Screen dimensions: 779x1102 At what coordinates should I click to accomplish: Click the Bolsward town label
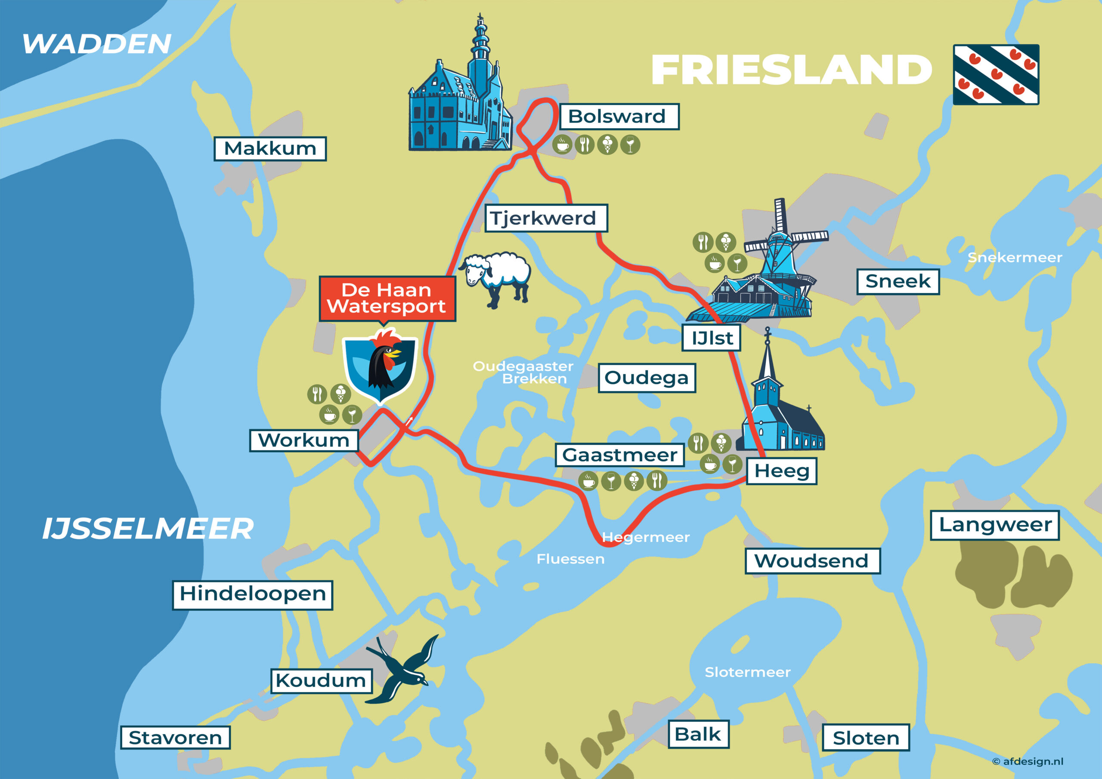[x=619, y=117]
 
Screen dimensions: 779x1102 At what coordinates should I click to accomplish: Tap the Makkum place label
[x=270, y=149]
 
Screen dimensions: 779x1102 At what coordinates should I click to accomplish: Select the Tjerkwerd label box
[x=546, y=218]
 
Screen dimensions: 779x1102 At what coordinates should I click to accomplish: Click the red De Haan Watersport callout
[x=387, y=299]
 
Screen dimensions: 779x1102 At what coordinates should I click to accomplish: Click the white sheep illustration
[x=497, y=278]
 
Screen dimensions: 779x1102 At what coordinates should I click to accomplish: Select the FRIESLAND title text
[x=791, y=70]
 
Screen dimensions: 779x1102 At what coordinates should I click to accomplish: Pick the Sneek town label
[x=898, y=282]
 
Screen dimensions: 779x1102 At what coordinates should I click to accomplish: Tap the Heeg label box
[x=781, y=471]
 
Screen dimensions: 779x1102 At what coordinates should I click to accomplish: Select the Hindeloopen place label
[x=252, y=595]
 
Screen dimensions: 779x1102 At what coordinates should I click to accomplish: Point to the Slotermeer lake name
[x=747, y=672]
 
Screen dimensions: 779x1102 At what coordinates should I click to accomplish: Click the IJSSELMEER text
[x=148, y=529]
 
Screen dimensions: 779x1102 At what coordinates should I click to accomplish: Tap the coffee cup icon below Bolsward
[x=562, y=145]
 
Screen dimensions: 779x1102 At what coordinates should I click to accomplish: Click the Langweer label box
[x=994, y=525]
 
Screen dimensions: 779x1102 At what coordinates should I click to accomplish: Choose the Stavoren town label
[x=175, y=738]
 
